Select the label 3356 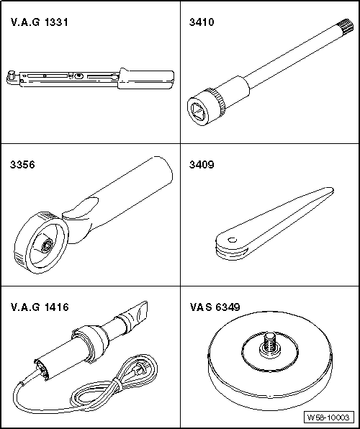click(x=23, y=164)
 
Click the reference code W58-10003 click(x=328, y=417)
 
